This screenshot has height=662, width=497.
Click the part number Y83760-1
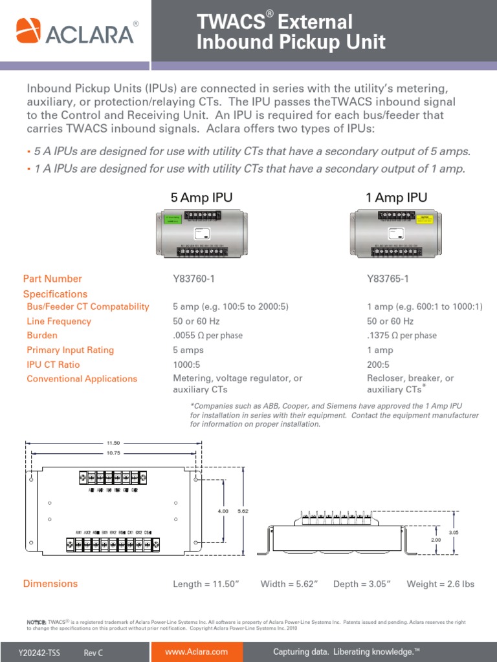click(193, 279)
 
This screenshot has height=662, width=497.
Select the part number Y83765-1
click(388, 279)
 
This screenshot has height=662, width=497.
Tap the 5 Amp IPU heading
click(201, 197)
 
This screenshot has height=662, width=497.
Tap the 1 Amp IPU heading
click(396, 197)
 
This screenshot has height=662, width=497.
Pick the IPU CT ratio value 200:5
click(379, 365)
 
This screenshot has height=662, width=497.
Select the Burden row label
click(42, 336)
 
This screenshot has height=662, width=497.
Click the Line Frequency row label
click(59, 321)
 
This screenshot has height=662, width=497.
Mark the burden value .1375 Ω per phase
click(401, 336)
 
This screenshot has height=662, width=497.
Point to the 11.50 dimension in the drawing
click(113, 443)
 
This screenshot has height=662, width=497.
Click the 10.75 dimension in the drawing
click(113, 453)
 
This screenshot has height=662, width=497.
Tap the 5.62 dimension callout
click(243, 511)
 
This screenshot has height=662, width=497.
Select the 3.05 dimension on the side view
click(453, 532)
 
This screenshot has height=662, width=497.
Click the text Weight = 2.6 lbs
click(440, 584)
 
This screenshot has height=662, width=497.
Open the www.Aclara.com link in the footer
click(197, 652)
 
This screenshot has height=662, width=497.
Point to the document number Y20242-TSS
click(39, 653)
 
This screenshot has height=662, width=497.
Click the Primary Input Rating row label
click(70, 350)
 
